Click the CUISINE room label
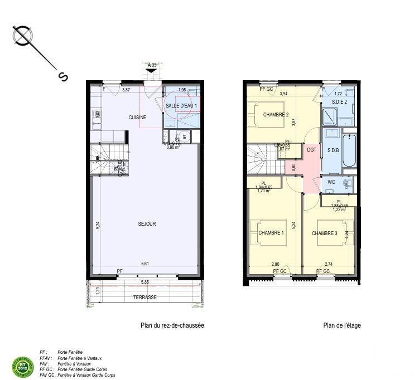(x=137, y=118)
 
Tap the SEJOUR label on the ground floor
(x=147, y=224)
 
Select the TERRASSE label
(x=145, y=298)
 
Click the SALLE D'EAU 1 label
(x=181, y=105)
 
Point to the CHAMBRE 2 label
(x=276, y=115)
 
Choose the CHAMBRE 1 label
(x=271, y=233)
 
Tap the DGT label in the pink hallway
(x=311, y=150)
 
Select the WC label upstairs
(x=331, y=182)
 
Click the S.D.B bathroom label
(x=333, y=150)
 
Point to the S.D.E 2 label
(x=339, y=102)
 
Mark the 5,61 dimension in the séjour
(x=145, y=264)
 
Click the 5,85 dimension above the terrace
(x=145, y=282)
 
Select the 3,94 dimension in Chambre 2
(x=283, y=94)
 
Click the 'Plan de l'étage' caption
(x=341, y=326)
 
